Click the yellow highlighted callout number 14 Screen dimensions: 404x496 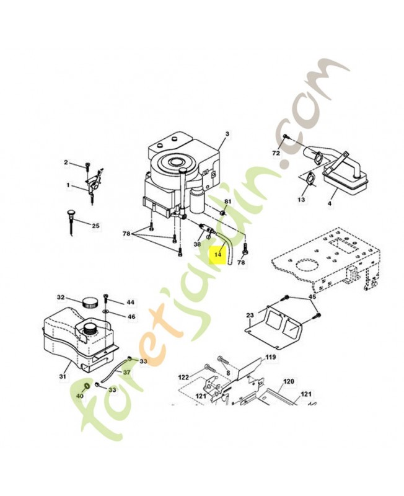[x=217, y=254]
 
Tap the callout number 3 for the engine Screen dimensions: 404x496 [x=227, y=134]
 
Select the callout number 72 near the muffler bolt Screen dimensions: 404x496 [x=276, y=153]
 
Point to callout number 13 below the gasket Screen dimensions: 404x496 [x=301, y=200]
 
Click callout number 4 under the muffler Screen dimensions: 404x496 [x=330, y=203]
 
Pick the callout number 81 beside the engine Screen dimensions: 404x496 [x=227, y=201]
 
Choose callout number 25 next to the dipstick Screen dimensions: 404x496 [x=95, y=226]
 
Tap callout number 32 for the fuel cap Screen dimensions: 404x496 [x=61, y=298]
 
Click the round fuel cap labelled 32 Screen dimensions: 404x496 [x=89, y=302]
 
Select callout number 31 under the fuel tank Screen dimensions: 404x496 [x=63, y=376]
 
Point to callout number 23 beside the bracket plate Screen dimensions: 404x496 [x=250, y=315]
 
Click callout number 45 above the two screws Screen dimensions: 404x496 [x=312, y=297]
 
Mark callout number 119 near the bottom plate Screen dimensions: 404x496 [x=270, y=358]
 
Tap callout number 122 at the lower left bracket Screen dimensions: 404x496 [x=183, y=377]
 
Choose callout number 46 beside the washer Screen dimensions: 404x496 [x=131, y=317]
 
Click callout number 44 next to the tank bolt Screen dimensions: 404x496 [x=130, y=303]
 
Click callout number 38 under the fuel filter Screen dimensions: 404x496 [x=197, y=244]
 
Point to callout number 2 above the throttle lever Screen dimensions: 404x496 [x=66, y=162]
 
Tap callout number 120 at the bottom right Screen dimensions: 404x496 [x=288, y=381]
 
